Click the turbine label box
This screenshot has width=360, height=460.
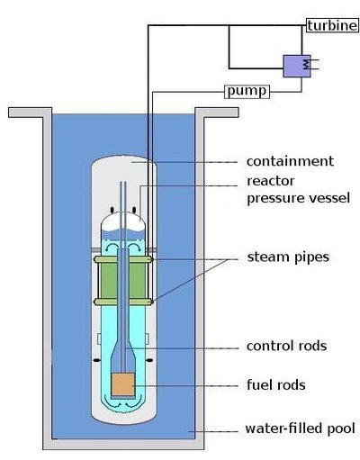pyautogui.click(x=333, y=23)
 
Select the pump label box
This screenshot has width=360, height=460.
pyautogui.click(x=245, y=91)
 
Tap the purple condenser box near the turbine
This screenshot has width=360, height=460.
pyautogui.click(x=295, y=66)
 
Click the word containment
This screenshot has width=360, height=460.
pyautogui.click(x=290, y=162)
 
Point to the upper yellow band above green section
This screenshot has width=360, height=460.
pyautogui.click(x=123, y=260)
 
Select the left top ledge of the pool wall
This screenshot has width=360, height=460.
pyautogui.click(x=27, y=113)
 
